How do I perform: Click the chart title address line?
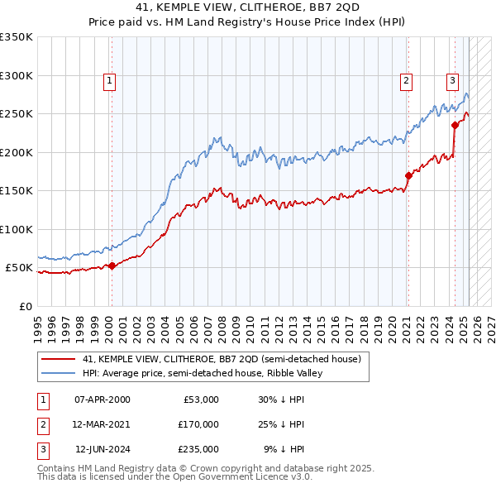click(248, 7)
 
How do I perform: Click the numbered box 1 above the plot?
click(110, 80)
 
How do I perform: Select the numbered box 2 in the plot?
click(407, 80)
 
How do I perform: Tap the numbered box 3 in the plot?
click(453, 80)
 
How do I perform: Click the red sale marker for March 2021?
click(408, 175)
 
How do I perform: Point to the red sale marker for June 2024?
click(455, 125)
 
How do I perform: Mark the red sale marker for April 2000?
click(112, 266)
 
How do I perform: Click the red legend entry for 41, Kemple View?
click(222, 360)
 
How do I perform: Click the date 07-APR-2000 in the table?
click(102, 399)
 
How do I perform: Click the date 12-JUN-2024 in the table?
click(103, 450)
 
